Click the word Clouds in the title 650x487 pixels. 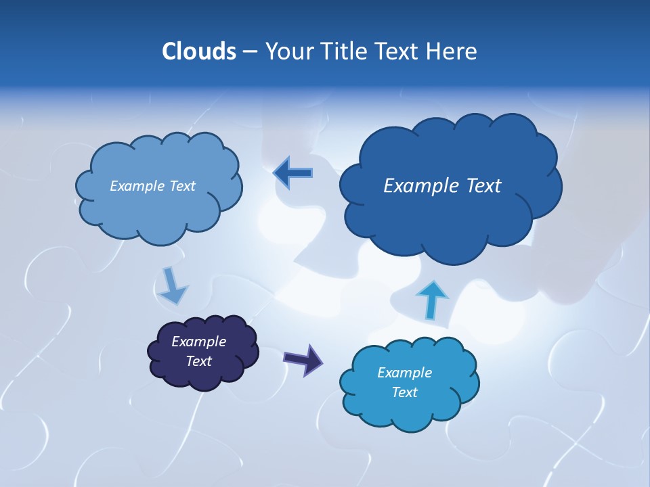pyautogui.click(x=198, y=51)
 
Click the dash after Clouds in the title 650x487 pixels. pyautogui.click(x=250, y=52)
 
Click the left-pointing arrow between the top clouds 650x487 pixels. pyautogui.click(x=293, y=173)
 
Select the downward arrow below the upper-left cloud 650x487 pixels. pyautogui.click(x=173, y=285)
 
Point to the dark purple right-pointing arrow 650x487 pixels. pyautogui.click(x=303, y=359)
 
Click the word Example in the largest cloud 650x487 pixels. pyautogui.click(x=418, y=186)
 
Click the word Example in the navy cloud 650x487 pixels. pyautogui.click(x=198, y=342)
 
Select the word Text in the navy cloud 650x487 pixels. pyautogui.click(x=198, y=361)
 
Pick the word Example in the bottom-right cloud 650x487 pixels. pyautogui.click(x=404, y=373)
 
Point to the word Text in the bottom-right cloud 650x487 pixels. pyautogui.click(x=404, y=392)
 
